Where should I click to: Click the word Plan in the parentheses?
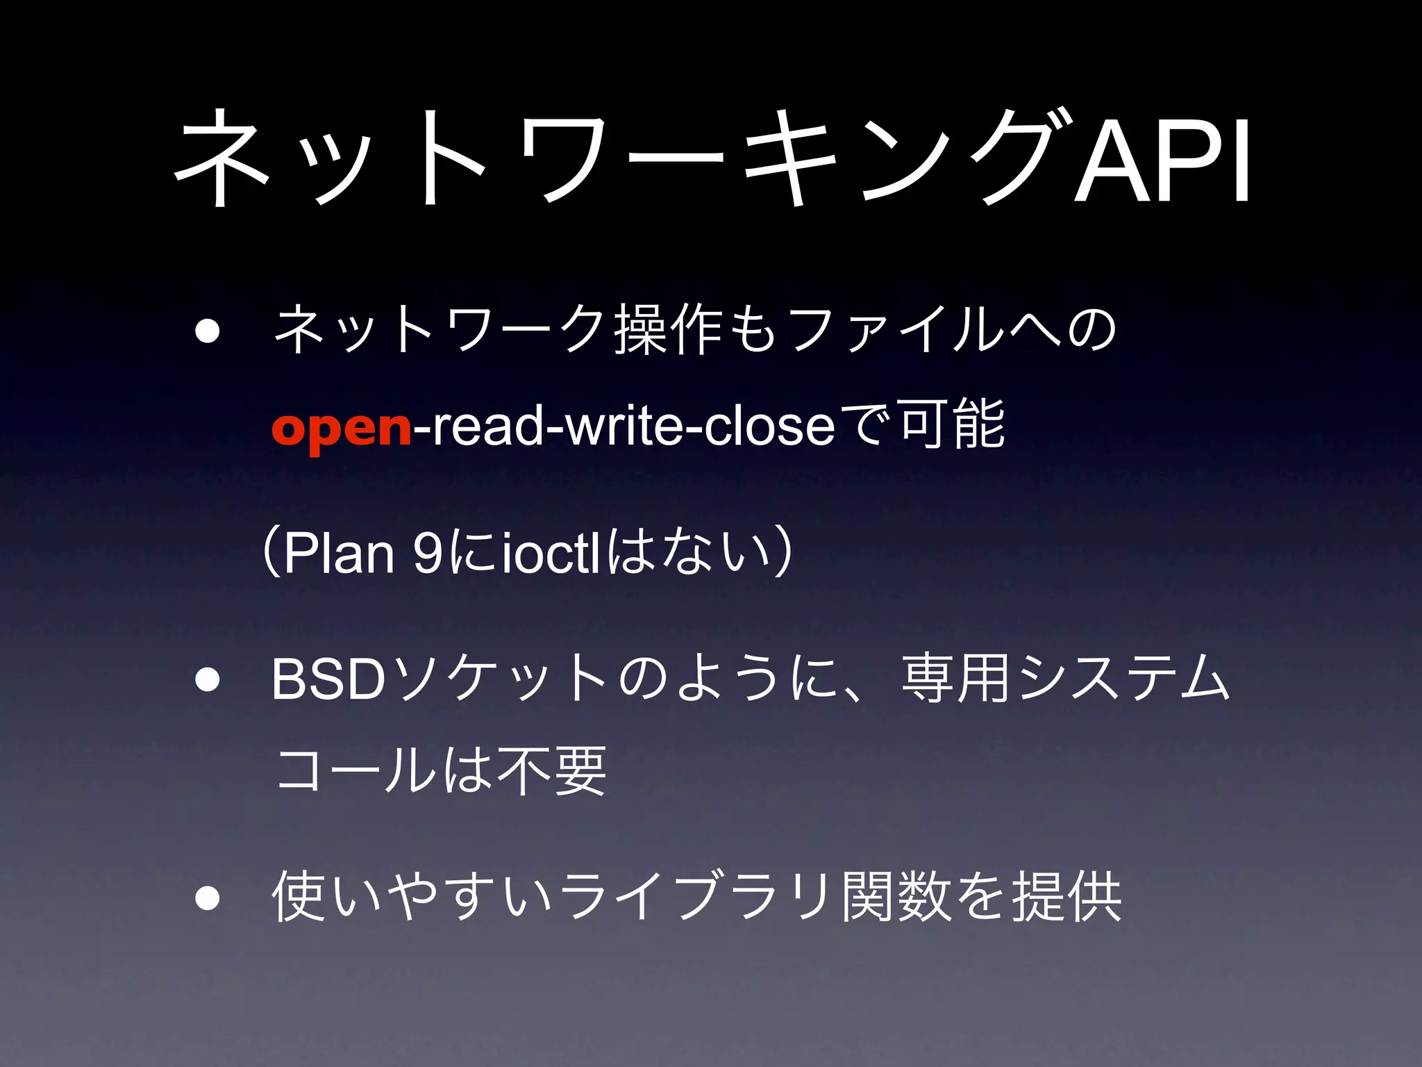(x=339, y=554)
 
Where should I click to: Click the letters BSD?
(x=328, y=680)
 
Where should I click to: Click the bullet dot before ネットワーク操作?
(x=207, y=332)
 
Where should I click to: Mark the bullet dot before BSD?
(x=207, y=680)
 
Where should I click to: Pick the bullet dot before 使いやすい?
(x=207, y=898)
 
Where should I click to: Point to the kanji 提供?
(x=1066, y=897)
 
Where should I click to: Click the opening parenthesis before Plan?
(x=272, y=554)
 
